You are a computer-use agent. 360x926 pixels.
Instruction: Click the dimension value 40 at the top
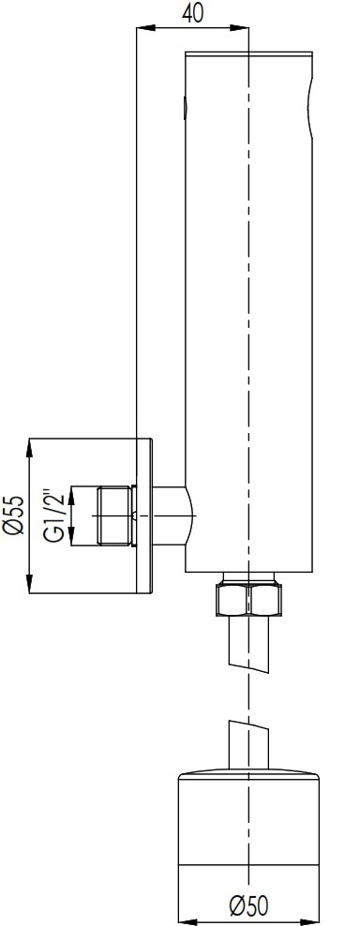click(193, 12)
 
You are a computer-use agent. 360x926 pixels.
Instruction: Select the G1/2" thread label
click(54, 515)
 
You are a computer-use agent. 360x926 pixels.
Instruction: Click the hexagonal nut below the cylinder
click(248, 600)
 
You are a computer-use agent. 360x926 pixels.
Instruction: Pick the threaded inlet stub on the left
click(114, 515)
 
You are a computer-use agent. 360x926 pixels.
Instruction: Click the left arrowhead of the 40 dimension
click(145, 27)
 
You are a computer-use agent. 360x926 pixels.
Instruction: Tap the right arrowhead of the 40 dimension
click(239, 27)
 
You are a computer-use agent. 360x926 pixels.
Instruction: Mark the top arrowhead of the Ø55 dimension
click(30, 447)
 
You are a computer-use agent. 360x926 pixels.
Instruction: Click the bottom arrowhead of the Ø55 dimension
click(30, 584)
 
